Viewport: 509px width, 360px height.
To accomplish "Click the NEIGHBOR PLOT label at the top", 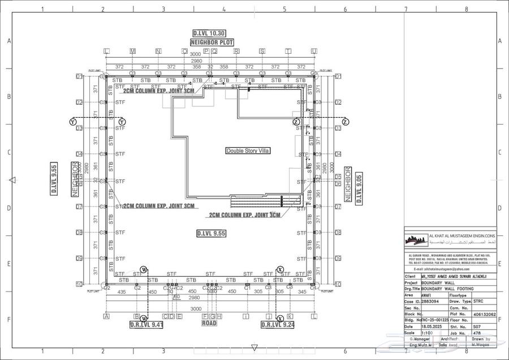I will (212, 42).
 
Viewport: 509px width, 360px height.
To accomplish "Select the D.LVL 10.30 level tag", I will (209, 33).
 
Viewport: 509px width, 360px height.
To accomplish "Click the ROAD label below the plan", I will (209, 324).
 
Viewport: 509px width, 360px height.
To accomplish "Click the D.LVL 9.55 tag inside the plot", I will (212, 233).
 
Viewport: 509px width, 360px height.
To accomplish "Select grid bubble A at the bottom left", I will (106, 316).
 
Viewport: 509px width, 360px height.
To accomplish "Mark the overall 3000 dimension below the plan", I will (196, 309).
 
